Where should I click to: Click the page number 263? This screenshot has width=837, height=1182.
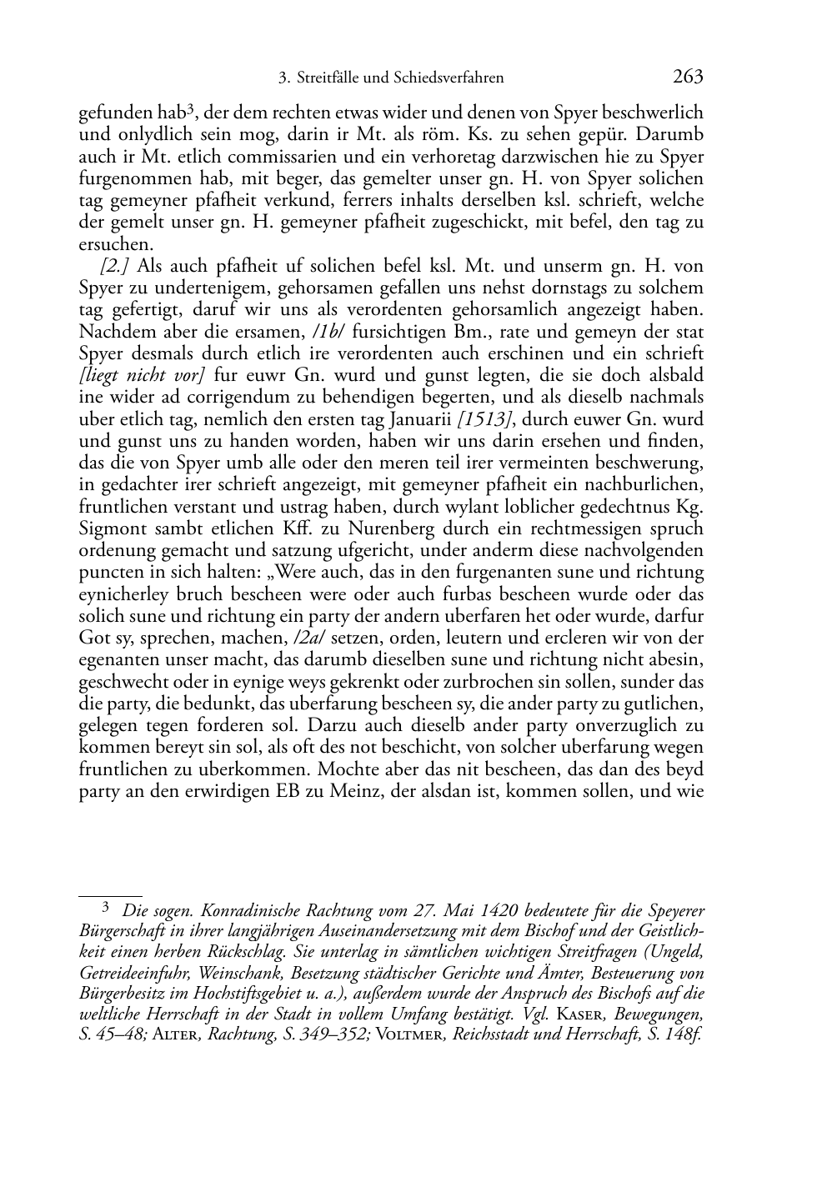tap(688, 77)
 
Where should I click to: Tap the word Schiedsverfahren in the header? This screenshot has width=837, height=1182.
tap(451, 78)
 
